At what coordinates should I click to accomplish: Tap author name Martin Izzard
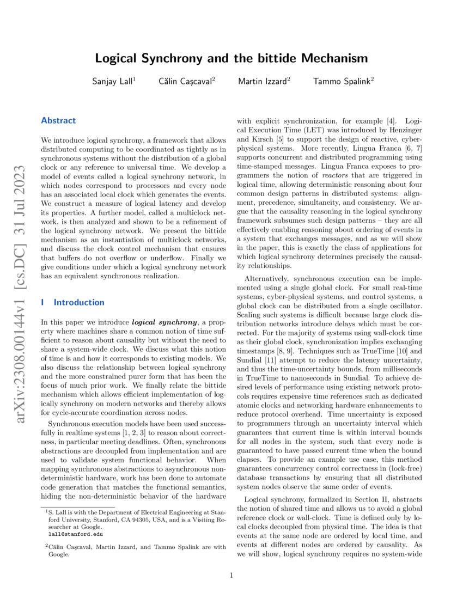262,81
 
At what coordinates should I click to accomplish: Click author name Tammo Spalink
342,81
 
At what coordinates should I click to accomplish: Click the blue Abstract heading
58,120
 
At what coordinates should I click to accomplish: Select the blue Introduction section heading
78,302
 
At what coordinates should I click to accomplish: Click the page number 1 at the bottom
231,575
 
